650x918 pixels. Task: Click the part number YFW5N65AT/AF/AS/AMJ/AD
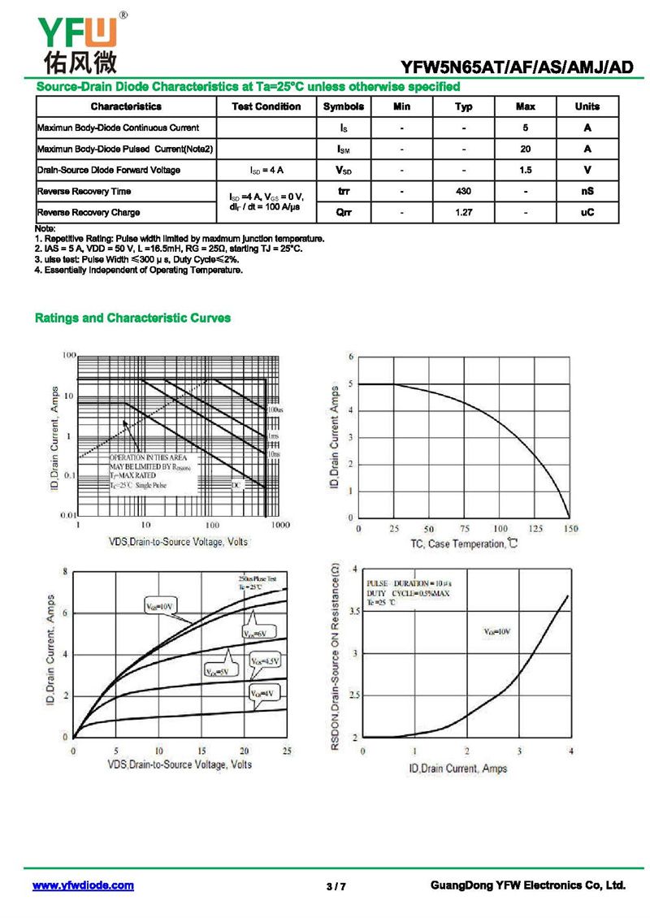pos(517,67)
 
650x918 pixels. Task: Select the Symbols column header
pos(343,106)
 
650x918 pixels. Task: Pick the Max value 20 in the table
pos(525,149)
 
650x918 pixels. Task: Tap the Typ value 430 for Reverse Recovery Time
pos(463,191)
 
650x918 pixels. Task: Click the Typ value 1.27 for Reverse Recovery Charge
pos(463,212)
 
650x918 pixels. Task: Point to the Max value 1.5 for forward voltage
pos(525,170)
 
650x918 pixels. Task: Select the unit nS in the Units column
pos(587,191)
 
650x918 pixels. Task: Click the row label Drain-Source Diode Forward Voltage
pos(109,170)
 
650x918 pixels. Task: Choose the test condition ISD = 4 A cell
pos(266,170)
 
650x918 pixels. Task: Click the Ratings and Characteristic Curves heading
pos(132,318)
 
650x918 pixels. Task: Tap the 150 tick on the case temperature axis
pos(571,529)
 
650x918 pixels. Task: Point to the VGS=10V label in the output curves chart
pos(162,606)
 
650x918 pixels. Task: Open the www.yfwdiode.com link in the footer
pos(83,886)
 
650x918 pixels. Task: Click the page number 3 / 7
pos(336,886)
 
